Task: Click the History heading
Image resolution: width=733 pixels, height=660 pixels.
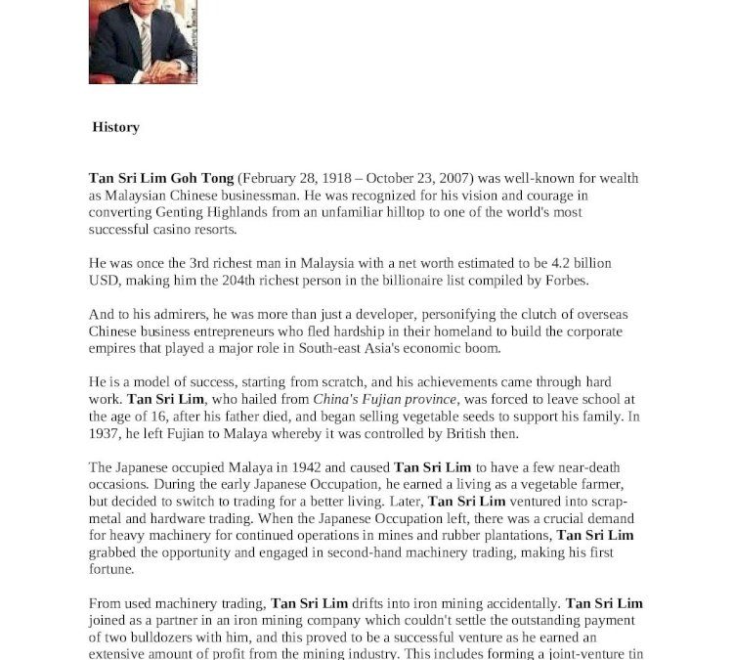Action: click(x=115, y=127)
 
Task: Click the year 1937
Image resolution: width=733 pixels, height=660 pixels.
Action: click(x=105, y=432)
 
